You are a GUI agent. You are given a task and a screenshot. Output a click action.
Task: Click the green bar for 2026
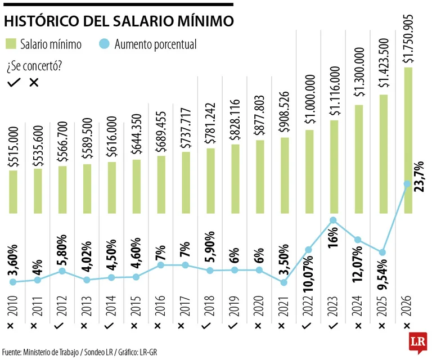(408, 141)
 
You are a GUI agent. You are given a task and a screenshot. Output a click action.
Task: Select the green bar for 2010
(13, 192)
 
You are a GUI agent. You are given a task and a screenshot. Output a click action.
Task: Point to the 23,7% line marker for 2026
(408, 183)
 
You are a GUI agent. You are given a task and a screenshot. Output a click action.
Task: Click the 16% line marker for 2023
(333, 220)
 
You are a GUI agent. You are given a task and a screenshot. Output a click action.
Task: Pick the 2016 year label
(160, 304)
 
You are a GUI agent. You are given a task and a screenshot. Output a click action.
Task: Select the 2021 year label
(284, 304)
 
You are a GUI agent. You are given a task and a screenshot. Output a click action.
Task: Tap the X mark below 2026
(408, 326)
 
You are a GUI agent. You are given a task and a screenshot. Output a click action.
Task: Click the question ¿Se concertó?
(34, 66)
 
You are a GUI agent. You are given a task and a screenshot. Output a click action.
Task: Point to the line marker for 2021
(283, 282)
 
